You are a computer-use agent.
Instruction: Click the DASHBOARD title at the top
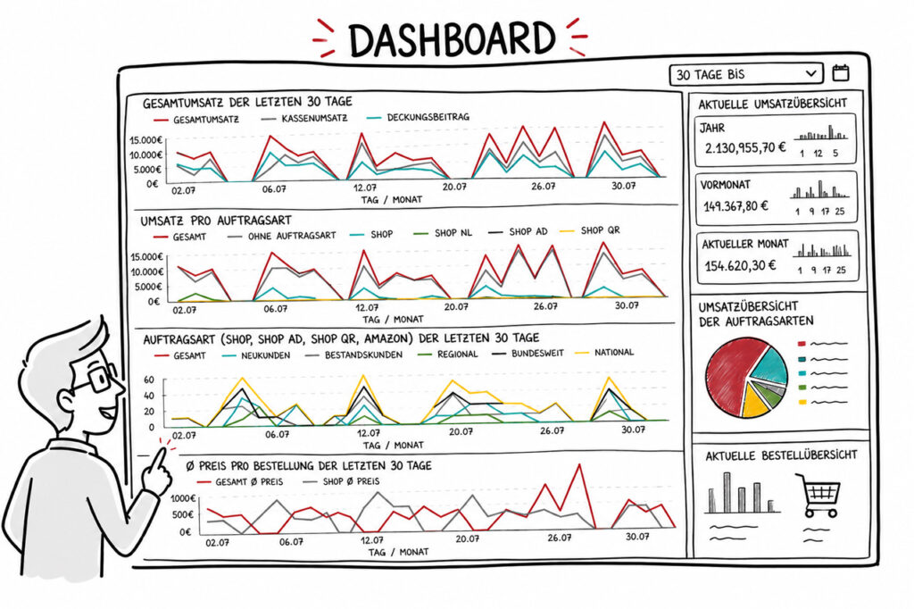(452, 39)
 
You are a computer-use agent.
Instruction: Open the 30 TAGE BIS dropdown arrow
(810, 74)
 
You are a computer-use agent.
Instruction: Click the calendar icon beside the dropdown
(840, 73)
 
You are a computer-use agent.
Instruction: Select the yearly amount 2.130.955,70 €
(744, 148)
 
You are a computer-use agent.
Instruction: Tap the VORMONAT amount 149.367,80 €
(735, 206)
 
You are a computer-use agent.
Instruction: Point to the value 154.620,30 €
(740, 266)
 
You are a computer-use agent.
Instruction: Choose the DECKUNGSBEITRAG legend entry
(418, 117)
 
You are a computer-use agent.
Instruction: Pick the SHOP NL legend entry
(443, 233)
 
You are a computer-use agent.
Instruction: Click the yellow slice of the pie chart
(755, 401)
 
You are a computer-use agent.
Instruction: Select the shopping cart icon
(819, 495)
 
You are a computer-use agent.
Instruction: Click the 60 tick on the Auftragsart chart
(149, 380)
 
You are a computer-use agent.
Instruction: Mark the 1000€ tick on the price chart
(182, 499)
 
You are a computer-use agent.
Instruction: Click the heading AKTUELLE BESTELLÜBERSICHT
(781, 455)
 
